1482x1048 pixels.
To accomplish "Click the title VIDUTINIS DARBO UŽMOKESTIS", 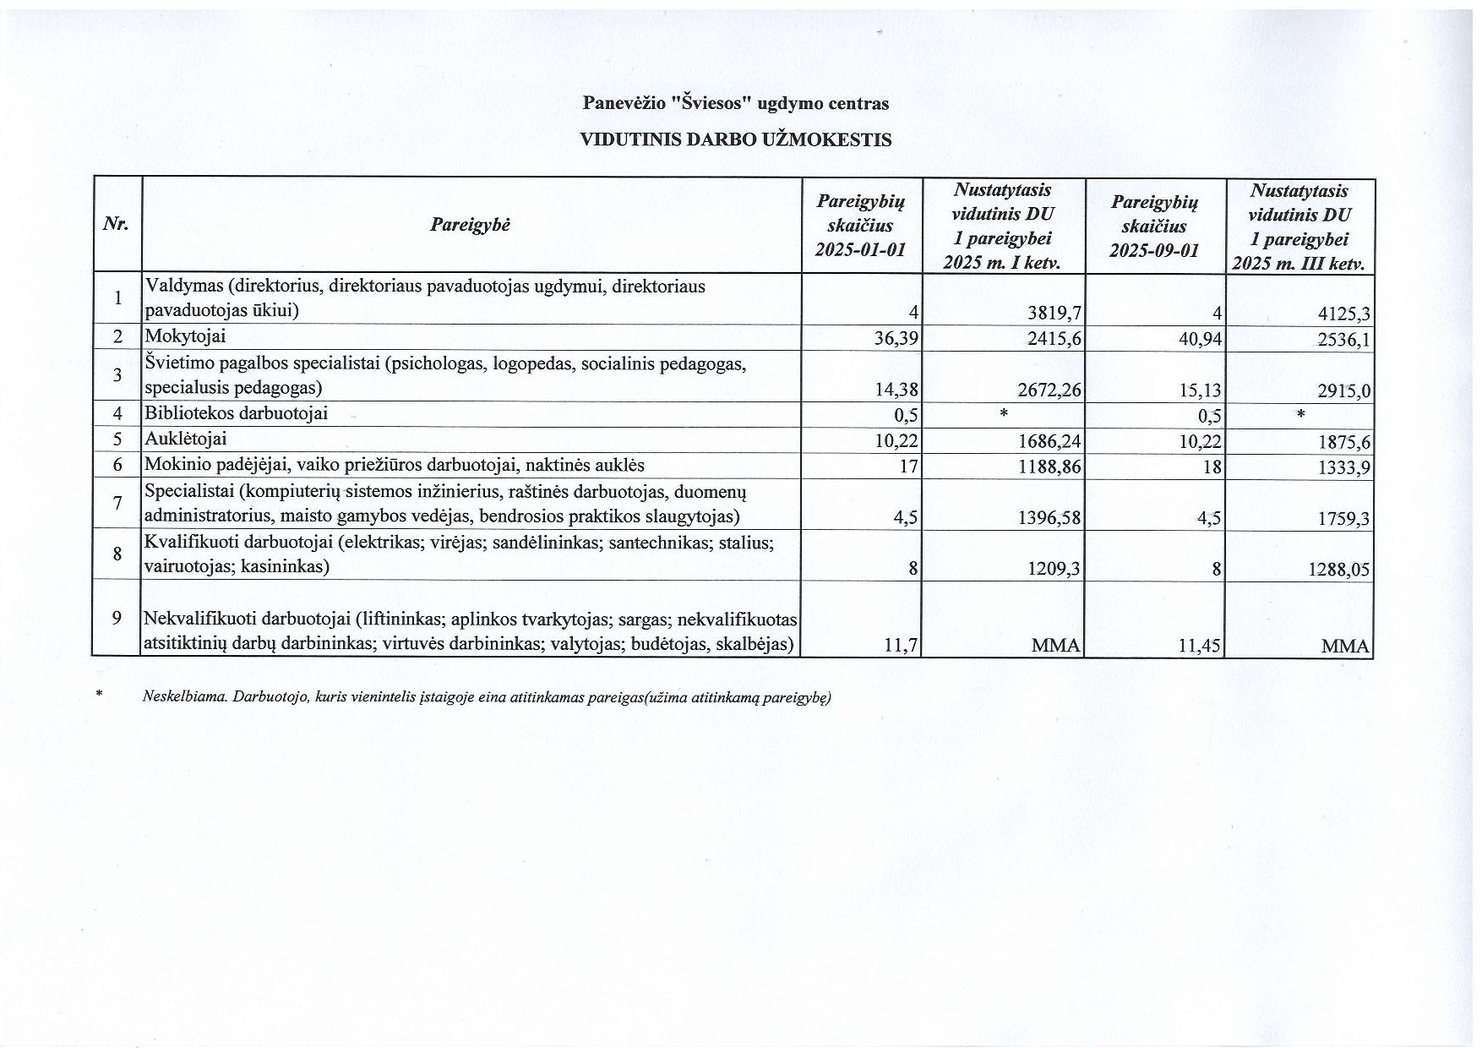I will (x=735, y=140).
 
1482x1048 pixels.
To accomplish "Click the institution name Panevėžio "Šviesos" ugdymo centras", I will (x=735, y=104).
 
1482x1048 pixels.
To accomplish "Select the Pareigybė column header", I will (x=470, y=225).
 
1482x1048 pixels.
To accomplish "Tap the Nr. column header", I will (x=116, y=224).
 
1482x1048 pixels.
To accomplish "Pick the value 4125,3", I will (x=1343, y=315).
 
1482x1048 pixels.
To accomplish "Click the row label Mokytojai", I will (x=185, y=336).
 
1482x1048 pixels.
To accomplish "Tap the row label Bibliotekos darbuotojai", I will (x=236, y=414).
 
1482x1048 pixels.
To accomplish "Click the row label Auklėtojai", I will (x=186, y=439).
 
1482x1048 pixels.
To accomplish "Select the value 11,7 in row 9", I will (x=900, y=646).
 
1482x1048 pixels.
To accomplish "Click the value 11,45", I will (x=1200, y=647).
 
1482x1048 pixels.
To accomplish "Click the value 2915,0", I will (x=1343, y=391).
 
